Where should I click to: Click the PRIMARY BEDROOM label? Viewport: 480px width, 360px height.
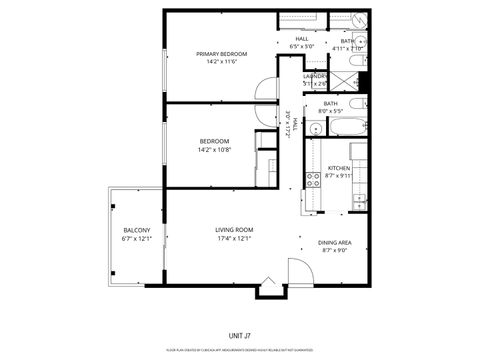pyautogui.click(x=222, y=53)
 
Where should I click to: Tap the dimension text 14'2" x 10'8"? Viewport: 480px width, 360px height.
pyautogui.click(x=215, y=150)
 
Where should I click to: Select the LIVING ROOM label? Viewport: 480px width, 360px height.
pyautogui.click(x=234, y=230)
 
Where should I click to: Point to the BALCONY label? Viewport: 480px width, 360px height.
pyautogui.click(x=136, y=230)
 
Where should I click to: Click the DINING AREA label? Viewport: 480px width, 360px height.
pyautogui.click(x=334, y=243)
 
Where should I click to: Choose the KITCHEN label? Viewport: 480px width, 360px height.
pyautogui.click(x=338, y=167)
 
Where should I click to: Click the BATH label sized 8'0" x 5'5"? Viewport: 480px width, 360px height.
pyautogui.click(x=330, y=103)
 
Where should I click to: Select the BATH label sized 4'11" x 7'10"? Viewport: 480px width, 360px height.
pyautogui.click(x=349, y=41)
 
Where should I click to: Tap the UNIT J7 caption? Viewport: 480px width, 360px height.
pyautogui.click(x=240, y=334)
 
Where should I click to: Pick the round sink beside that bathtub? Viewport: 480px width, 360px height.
pyautogui.click(x=314, y=128)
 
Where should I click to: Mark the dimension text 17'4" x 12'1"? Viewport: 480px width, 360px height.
pyautogui.click(x=234, y=238)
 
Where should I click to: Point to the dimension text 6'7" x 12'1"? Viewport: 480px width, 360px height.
pyautogui.click(x=136, y=238)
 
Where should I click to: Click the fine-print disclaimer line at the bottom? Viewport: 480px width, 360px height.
pyautogui.click(x=240, y=350)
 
